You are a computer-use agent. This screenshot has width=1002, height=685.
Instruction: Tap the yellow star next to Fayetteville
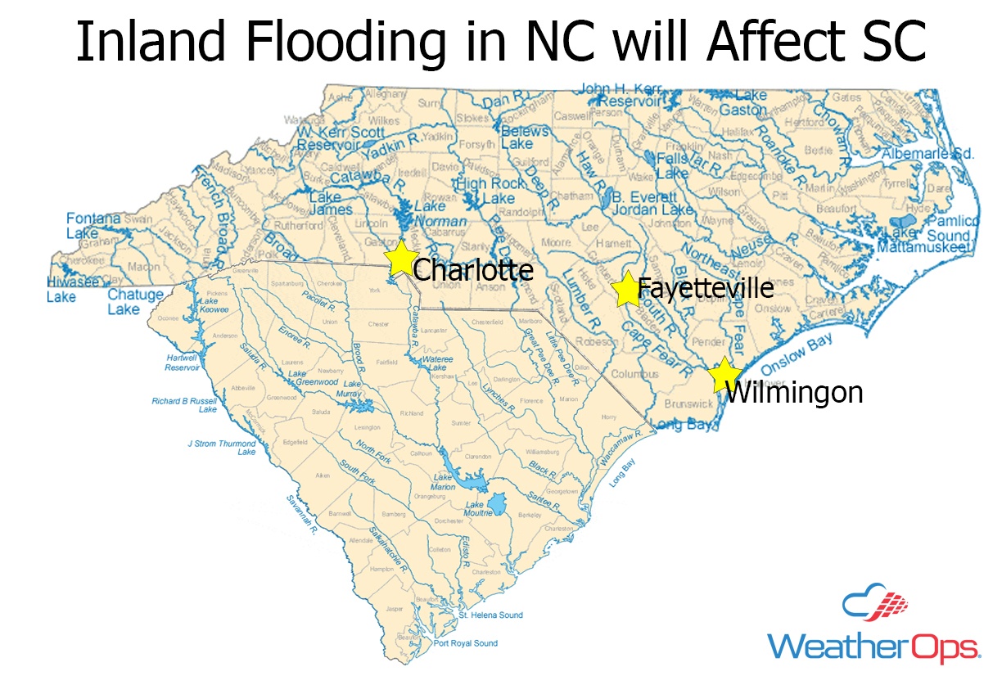click(x=626, y=289)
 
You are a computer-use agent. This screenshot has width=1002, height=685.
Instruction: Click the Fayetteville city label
click(x=705, y=288)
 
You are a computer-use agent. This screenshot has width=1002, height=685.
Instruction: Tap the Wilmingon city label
click(x=794, y=393)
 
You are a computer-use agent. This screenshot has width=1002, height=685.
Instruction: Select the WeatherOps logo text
click(x=873, y=647)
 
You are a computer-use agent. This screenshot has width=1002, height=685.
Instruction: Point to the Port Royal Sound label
click(x=465, y=643)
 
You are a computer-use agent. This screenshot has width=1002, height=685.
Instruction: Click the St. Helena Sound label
click(x=490, y=615)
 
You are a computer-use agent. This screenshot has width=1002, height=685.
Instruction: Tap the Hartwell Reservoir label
click(x=182, y=363)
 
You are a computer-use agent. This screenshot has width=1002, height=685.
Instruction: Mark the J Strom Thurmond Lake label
click(x=222, y=448)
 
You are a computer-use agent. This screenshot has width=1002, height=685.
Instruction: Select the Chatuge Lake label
click(x=128, y=301)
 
